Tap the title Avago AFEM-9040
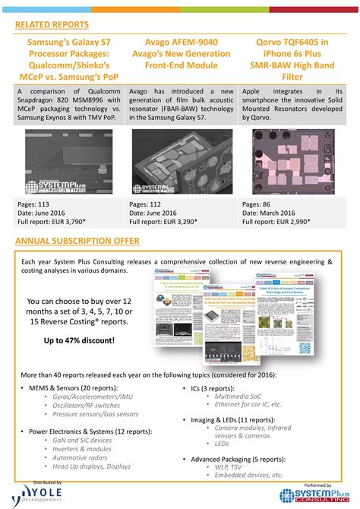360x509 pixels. (180, 43)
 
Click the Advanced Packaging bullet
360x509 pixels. (235, 459)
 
